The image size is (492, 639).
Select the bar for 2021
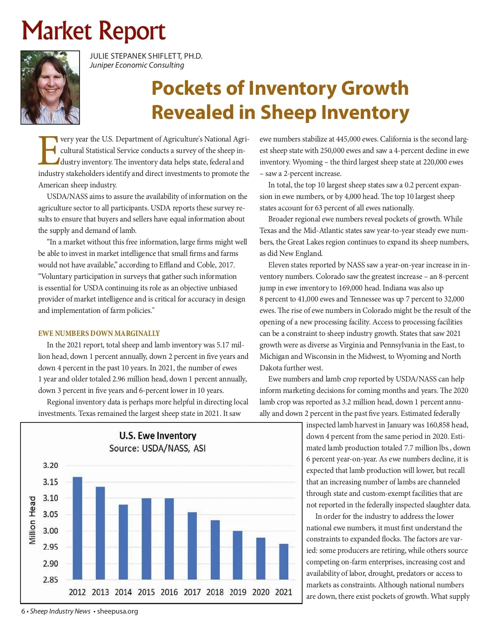coord(284,561)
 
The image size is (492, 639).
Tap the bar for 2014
coord(123,542)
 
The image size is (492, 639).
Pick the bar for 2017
coord(192,546)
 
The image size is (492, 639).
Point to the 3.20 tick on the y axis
coord(50,466)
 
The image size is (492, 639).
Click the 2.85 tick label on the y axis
coord(50,580)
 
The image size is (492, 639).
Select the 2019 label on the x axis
coord(238,592)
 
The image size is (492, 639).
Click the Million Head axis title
coord(32,520)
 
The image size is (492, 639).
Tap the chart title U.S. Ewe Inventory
coord(158,436)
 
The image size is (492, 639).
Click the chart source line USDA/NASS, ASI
coord(157,448)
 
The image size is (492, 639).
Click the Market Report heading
coord(93,31)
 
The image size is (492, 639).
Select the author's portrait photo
coord(50,87)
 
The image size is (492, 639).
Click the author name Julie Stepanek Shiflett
coord(146,56)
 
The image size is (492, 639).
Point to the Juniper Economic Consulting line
coord(137,65)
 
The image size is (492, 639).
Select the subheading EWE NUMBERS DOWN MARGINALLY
coord(99,333)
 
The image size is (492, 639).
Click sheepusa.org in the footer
coord(117,611)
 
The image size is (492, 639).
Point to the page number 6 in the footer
coord(23,611)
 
